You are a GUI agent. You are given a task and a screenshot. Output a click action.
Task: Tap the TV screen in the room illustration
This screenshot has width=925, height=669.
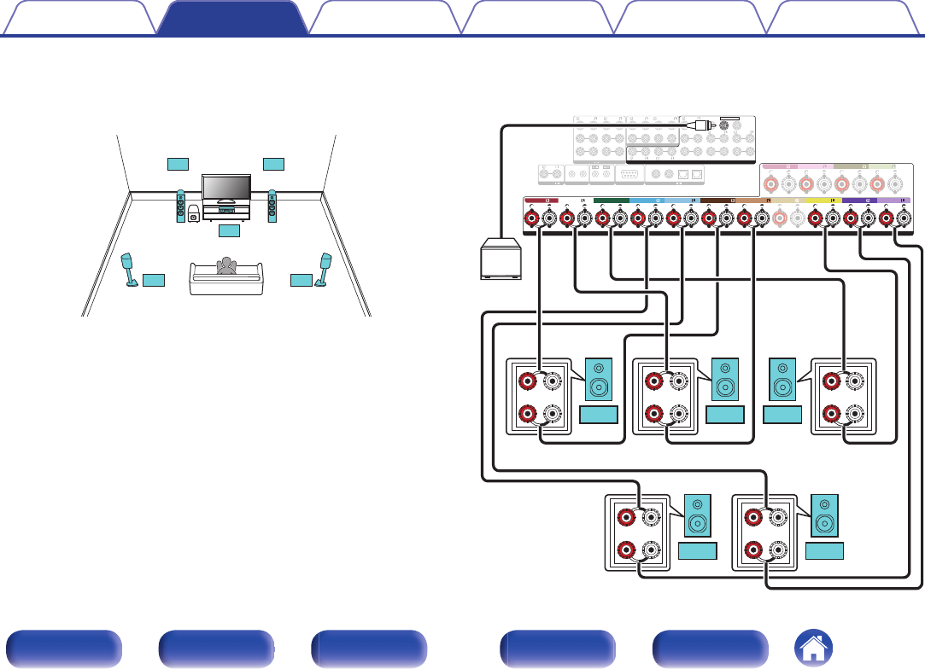pos(225,187)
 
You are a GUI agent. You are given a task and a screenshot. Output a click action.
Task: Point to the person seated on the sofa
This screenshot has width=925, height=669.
pos(225,266)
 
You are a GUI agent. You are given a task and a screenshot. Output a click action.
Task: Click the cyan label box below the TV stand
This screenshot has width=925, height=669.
pos(230,230)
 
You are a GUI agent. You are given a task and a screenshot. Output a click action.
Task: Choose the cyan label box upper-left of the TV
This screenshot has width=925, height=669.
pos(177,163)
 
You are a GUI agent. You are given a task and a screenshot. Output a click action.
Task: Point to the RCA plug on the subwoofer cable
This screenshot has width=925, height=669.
pos(700,125)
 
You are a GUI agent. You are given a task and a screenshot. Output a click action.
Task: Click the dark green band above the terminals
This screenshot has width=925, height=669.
pos(611,202)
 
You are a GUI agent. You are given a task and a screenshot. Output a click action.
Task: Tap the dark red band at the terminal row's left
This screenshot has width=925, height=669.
pos(540,202)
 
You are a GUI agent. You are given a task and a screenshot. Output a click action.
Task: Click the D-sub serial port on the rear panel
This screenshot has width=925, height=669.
pos(627,173)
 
